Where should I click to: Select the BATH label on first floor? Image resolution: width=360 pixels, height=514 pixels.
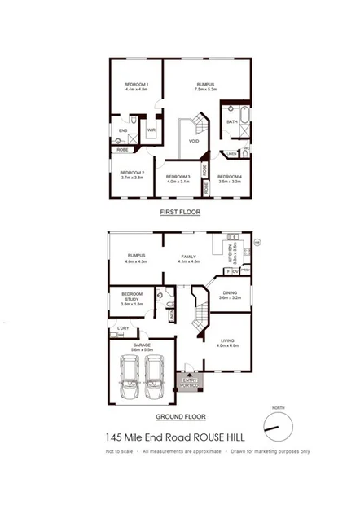[x=232, y=122]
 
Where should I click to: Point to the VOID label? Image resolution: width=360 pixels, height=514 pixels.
[x=194, y=141]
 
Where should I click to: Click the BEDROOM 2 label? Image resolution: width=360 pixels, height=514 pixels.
[x=132, y=174]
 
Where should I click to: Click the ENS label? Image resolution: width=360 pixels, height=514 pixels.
[x=123, y=130]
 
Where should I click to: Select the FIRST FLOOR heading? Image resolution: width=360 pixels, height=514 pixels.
[x=179, y=212]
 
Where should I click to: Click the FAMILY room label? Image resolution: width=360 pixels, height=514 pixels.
[x=190, y=259]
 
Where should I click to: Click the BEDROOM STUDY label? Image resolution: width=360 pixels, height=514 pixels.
[x=132, y=298]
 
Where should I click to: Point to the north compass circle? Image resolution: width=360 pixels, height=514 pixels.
[x=277, y=425]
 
